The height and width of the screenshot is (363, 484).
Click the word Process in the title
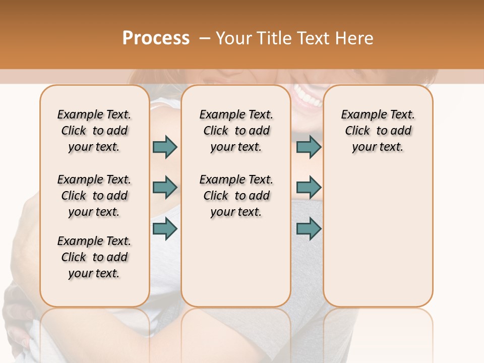(x=156, y=38)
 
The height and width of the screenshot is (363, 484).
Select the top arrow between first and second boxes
(x=165, y=147)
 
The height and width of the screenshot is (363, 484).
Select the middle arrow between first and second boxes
(x=165, y=188)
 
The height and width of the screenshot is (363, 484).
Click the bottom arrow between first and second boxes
(x=165, y=229)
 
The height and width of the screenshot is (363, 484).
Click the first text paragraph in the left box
(x=94, y=131)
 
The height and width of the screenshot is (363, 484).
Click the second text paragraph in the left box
(x=94, y=196)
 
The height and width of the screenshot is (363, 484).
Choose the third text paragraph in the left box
(x=94, y=257)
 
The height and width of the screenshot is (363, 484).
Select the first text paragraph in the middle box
(x=236, y=131)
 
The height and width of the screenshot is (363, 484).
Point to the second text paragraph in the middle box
(x=236, y=196)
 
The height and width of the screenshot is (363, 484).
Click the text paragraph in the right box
(x=378, y=131)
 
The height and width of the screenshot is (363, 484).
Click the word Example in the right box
(x=360, y=115)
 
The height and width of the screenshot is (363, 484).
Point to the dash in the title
(x=204, y=38)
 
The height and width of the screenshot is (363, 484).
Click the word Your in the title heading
(x=233, y=38)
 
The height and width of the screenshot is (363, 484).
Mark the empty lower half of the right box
(x=378, y=242)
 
